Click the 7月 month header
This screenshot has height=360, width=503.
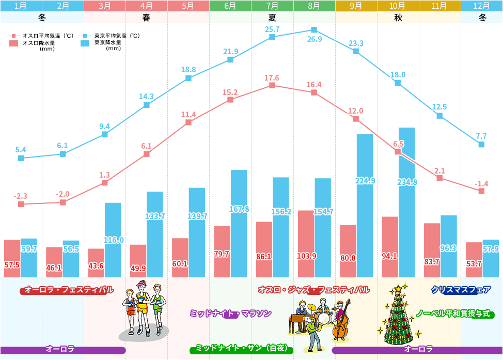[272, 6]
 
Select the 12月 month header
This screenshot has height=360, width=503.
[482, 6]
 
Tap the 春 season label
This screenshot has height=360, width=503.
[147, 17]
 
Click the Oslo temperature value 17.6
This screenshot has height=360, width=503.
[272, 78]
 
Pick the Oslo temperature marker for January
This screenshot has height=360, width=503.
[21, 204]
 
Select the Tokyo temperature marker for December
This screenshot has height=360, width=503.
[481, 145]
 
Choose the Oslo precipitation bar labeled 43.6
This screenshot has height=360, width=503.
[96, 263]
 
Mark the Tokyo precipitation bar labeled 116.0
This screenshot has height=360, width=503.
[113, 240]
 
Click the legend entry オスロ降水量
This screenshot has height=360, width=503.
[39, 43]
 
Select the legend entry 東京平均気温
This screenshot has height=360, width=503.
[117, 36]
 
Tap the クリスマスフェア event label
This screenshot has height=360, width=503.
[461, 290]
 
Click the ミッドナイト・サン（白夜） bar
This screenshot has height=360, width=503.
[242, 349]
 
